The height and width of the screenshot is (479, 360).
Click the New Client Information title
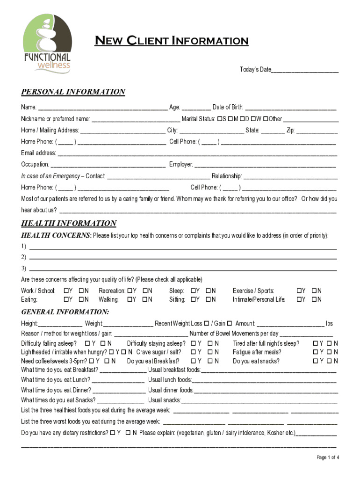pyautogui.click(x=172, y=41)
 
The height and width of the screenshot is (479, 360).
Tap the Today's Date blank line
pyautogui.click(x=305, y=70)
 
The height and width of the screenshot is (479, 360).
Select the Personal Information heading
pyautogui.click(x=73, y=92)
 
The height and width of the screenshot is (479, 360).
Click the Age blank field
pyautogui.click(x=196, y=108)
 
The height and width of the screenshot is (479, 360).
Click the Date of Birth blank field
pyautogui.click(x=290, y=108)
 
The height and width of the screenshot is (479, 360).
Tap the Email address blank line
pyautogui.click(x=197, y=153)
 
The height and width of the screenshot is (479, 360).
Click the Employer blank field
pyautogui.click(x=265, y=165)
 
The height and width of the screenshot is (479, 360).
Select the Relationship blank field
pyautogui.click(x=290, y=176)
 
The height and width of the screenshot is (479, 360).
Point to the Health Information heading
pyautogui.click(x=69, y=224)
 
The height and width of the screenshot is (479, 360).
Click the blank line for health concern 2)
pyautogui.click(x=183, y=257)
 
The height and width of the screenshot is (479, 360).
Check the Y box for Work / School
pyautogui.click(x=66, y=291)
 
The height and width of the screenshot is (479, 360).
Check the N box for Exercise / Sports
pyautogui.click(x=314, y=291)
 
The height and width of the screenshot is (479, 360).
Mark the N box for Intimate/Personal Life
pyautogui.click(x=314, y=299)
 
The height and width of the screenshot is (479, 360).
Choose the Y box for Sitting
pyautogui.click(x=192, y=299)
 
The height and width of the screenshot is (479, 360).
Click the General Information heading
pyautogui.click(x=65, y=312)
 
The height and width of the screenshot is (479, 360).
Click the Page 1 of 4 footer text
pyautogui.click(x=328, y=457)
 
